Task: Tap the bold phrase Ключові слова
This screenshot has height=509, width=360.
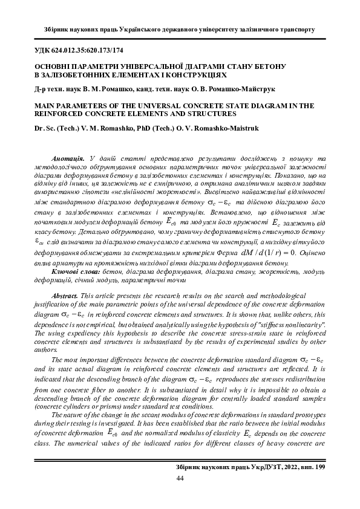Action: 76,273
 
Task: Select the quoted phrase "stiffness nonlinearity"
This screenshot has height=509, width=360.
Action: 291,326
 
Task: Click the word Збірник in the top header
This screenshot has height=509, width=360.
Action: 60,28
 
